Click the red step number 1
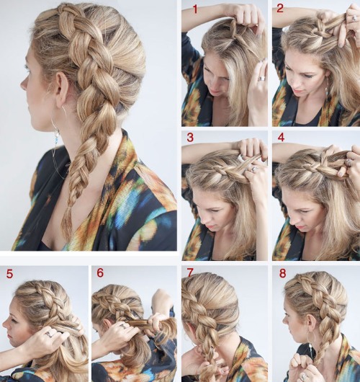pyautogui.click(x=194, y=9)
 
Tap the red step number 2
pyautogui.click(x=281, y=9)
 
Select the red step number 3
pyautogui.click(x=191, y=138)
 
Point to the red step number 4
pyautogui.click(x=281, y=138)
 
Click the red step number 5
pyautogui.click(x=9, y=274)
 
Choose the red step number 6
pyautogui.click(x=99, y=274)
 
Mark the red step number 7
pyautogui.click(x=190, y=274)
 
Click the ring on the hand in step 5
pyautogui.click(x=48, y=333)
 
